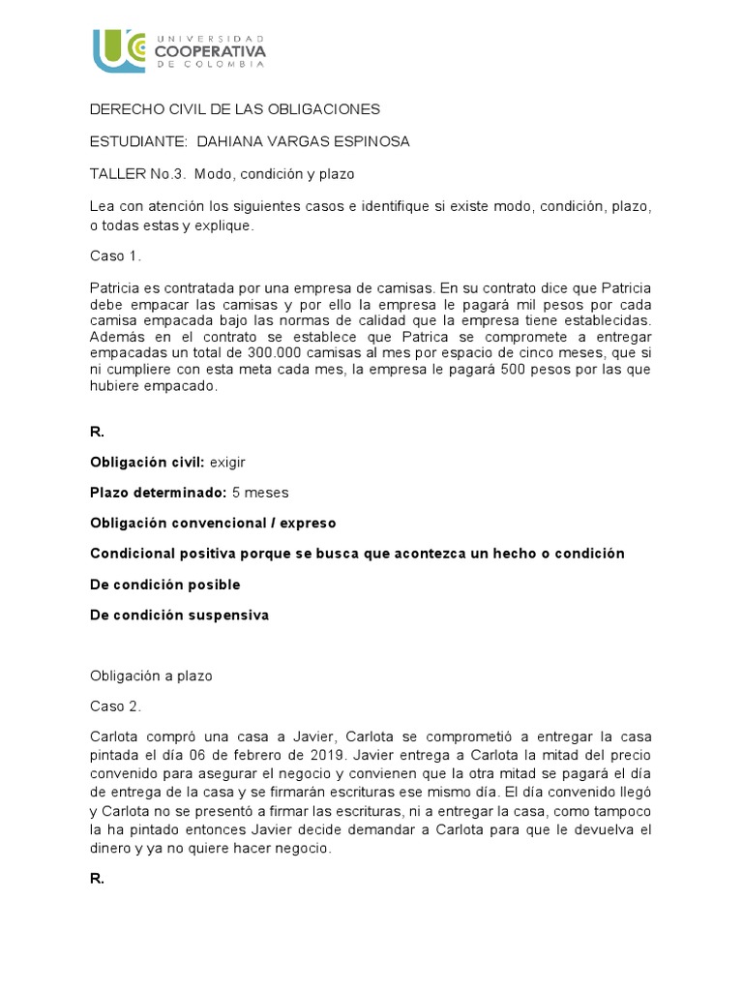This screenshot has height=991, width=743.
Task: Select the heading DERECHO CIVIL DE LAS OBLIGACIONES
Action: click(x=235, y=109)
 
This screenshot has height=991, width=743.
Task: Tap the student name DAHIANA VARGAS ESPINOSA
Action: click(x=303, y=141)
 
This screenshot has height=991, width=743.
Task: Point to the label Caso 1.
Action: click(x=115, y=255)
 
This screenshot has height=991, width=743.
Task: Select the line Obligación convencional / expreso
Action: click(x=213, y=523)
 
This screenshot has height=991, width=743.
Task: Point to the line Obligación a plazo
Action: click(x=150, y=676)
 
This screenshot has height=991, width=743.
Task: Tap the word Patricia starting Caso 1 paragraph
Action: click(x=115, y=288)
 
